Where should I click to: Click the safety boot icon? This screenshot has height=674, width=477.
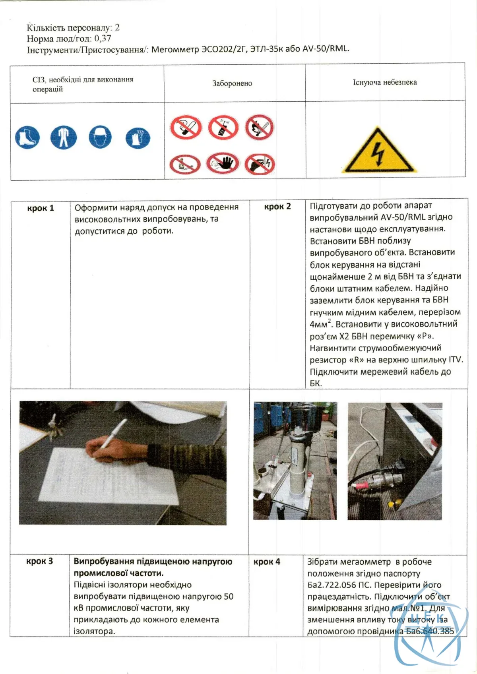click(x=27, y=138)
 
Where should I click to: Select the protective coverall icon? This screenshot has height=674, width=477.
click(x=64, y=137)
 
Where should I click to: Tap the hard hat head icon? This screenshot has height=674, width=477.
click(x=100, y=137)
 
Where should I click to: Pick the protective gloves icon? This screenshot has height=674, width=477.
click(x=138, y=138)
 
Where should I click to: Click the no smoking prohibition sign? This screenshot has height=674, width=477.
click(x=186, y=127)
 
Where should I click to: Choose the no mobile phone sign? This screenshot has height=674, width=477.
click(x=223, y=127)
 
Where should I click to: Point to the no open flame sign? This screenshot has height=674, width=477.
click(x=260, y=127)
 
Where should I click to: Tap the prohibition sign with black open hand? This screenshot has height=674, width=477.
click(x=223, y=163)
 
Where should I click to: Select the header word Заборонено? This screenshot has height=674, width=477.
click(x=232, y=83)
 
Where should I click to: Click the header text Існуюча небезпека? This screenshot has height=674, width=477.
click(x=385, y=82)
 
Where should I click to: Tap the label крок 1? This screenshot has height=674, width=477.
click(x=41, y=208)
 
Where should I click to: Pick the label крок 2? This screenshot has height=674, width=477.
click(x=277, y=206)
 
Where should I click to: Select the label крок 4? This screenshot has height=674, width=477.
click(x=267, y=562)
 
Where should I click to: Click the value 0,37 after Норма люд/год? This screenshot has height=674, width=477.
click(x=103, y=39)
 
